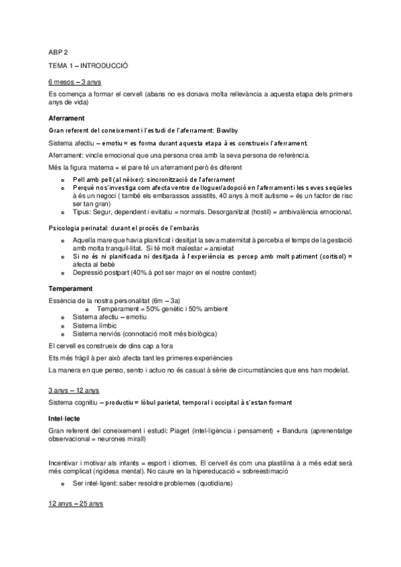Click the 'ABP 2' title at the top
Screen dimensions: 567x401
[x=58, y=51]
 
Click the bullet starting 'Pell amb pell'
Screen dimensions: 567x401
[x=153, y=181]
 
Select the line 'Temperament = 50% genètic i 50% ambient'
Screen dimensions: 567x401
[x=162, y=308]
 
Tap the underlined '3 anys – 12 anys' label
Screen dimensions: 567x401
[x=74, y=390]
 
